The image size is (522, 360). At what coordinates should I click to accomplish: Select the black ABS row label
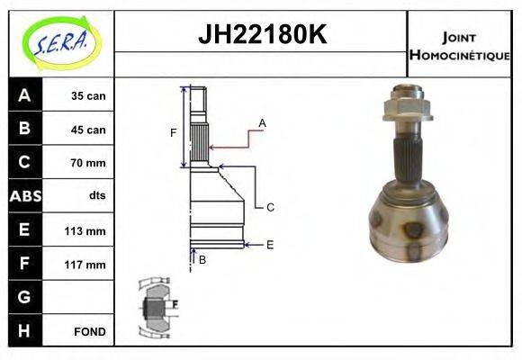pyautogui.click(x=24, y=196)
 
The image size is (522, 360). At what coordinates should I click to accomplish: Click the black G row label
pyautogui.click(x=24, y=297)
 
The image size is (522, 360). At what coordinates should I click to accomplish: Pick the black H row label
pyautogui.click(x=24, y=331)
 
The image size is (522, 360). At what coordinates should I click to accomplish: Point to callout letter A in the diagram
pyautogui.click(x=262, y=121)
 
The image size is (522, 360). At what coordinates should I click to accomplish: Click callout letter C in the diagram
pyautogui.click(x=269, y=207)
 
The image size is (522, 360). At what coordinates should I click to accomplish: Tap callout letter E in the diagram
pyautogui.click(x=269, y=244)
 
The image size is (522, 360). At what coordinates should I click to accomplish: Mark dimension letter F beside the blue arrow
pyautogui.click(x=174, y=133)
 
